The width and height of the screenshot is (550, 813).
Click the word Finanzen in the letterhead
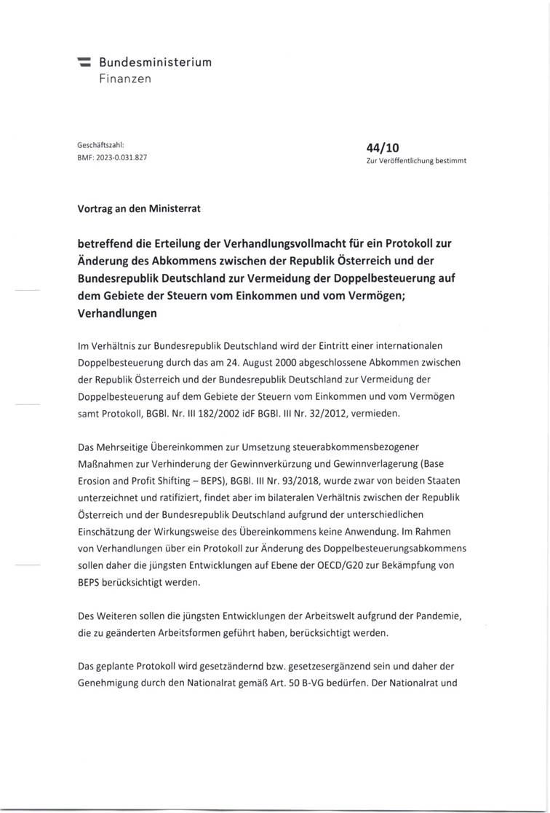pos(126,78)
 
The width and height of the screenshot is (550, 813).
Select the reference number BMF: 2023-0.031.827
pos(112,157)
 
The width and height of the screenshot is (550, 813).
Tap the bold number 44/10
pos(383,147)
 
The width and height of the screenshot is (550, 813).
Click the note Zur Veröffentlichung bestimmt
pos(416,161)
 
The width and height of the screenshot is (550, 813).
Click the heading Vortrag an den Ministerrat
pos(139,208)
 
